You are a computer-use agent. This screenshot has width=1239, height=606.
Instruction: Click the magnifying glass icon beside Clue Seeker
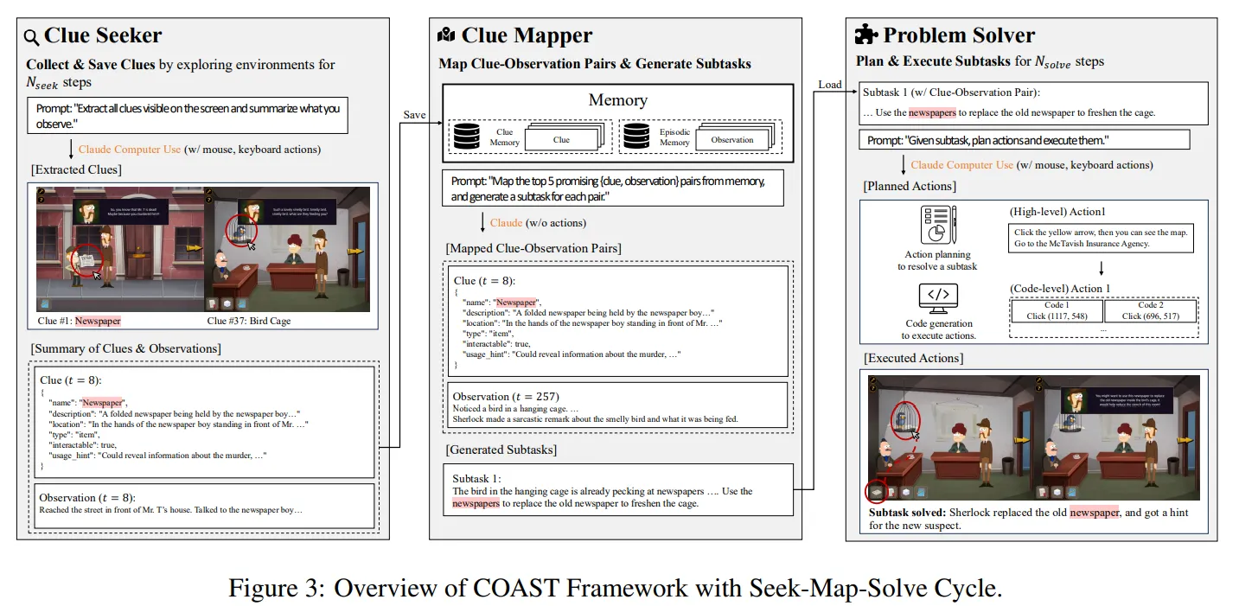(x=31, y=37)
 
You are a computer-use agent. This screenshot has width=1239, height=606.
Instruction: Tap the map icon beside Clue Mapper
(x=446, y=35)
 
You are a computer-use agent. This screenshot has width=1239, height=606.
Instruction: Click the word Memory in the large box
(x=617, y=100)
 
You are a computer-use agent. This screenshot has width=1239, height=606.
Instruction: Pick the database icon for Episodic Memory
(x=636, y=137)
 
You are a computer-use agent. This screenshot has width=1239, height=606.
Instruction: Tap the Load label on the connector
(x=829, y=84)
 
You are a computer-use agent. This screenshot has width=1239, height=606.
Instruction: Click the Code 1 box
(x=1056, y=310)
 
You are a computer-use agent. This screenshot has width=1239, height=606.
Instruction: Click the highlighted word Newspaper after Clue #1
(x=98, y=321)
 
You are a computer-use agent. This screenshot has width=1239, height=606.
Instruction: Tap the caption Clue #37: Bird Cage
(x=249, y=321)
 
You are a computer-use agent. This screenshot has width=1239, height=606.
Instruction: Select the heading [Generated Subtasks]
(x=501, y=450)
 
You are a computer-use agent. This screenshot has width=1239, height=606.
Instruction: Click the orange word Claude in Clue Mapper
(x=506, y=222)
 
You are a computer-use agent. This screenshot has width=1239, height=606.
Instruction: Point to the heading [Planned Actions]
(x=910, y=187)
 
